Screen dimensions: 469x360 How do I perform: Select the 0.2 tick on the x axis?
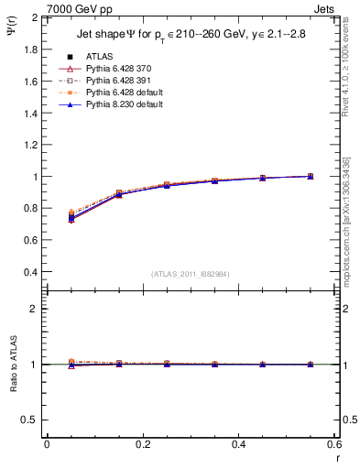pyautogui.click(x=143, y=444)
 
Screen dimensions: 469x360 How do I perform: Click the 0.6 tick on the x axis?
pyautogui.click(x=335, y=444)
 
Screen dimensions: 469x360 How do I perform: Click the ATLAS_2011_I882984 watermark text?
pyautogui.click(x=191, y=274)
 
